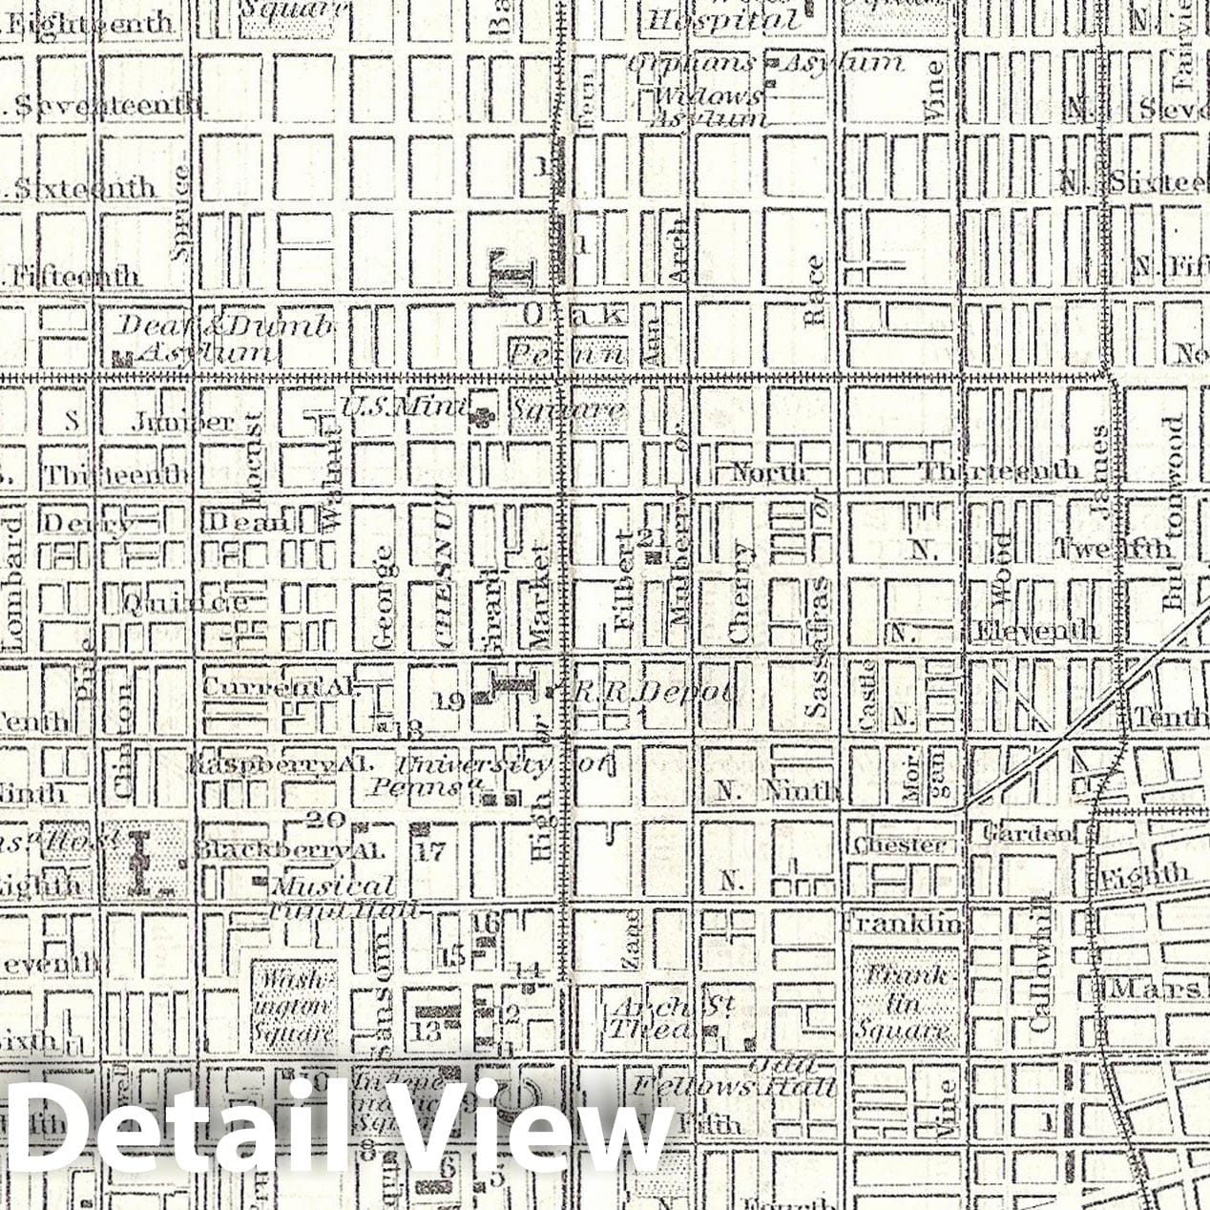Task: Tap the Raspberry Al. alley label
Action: click(x=280, y=765)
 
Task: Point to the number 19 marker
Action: click(x=449, y=702)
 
